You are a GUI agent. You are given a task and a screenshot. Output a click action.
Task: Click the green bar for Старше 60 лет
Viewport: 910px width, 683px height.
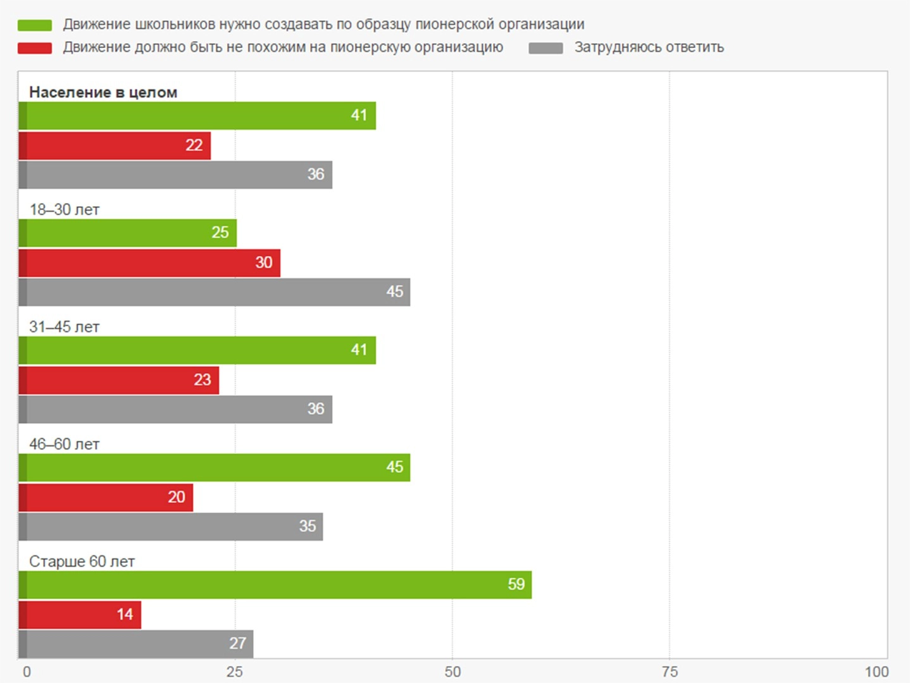[275, 585]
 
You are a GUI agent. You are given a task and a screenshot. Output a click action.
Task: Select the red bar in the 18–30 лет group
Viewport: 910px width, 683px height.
[149, 263]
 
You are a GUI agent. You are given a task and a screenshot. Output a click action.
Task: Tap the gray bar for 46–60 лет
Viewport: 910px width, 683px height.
[171, 527]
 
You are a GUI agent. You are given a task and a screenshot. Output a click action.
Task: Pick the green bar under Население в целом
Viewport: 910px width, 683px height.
[197, 116]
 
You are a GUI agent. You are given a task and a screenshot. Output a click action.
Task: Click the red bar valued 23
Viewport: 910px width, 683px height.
[119, 380]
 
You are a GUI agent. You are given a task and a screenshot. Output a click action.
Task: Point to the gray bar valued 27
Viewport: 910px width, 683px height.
[136, 644]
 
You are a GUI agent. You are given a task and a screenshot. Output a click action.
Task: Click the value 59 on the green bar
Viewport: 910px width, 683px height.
[516, 584]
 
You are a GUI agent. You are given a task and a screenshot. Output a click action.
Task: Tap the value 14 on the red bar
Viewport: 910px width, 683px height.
[125, 614]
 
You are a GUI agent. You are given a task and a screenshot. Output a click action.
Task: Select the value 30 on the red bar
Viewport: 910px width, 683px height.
[263, 262]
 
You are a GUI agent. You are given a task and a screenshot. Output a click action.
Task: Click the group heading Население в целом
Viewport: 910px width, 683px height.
[103, 92]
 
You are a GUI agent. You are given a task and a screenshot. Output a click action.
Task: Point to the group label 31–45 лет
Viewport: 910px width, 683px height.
[64, 327]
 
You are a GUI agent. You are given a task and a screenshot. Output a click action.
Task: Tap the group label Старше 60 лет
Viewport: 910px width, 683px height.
[82, 562]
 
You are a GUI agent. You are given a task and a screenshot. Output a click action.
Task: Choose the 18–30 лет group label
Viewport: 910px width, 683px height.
[64, 210]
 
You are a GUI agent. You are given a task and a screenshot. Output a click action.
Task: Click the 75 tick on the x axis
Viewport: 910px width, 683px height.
[670, 672]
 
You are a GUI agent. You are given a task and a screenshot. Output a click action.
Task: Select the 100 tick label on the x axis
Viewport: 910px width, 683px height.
[876, 672]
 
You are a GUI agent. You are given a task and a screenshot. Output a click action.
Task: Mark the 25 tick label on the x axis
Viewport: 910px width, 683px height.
[235, 672]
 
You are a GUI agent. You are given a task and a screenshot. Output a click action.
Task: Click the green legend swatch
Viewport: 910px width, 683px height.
[35, 25]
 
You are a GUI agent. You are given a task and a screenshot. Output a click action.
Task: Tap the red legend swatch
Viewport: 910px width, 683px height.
[35, 48]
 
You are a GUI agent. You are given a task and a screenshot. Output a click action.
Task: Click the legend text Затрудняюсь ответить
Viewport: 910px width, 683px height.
[649, 47]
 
